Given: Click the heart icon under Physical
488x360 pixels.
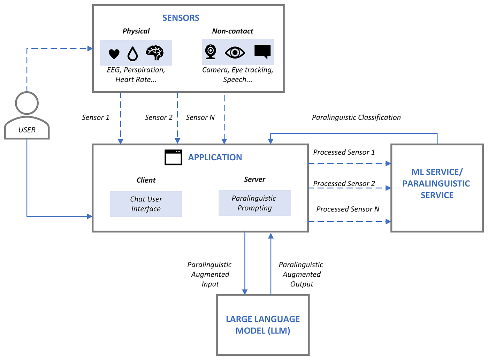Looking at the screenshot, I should tap(114, 54).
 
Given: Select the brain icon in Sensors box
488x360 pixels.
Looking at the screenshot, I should tap(154, 53).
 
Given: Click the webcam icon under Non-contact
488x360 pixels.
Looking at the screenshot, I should tap(211, 52).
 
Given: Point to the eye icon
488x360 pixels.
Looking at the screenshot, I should tap(235, 53).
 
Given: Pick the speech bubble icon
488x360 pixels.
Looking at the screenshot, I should tap(262, 52).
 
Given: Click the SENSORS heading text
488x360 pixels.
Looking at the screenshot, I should tap(181, 18).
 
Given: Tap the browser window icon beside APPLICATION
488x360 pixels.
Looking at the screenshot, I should tap(173, 157).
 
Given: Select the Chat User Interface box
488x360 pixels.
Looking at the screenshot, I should tap(146, 204).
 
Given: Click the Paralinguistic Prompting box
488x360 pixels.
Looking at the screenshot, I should tap(254, 203).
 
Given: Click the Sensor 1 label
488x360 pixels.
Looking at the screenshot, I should tap(96, 117).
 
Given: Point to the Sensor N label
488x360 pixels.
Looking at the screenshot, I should tap(200, 117).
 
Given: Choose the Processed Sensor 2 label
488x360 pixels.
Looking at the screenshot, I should tap(344, 183).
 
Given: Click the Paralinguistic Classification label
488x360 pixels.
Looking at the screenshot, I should tap(356, 117).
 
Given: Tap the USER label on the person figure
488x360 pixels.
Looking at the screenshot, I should tap(27, 130).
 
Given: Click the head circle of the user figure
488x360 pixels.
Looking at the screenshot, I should tap(27, 103).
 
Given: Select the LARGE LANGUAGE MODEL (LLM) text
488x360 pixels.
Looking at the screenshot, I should tap(263, 325).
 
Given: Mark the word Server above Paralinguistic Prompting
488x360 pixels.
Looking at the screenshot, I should tap(254, 179).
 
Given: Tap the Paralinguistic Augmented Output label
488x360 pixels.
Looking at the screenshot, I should tap(301, 274).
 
